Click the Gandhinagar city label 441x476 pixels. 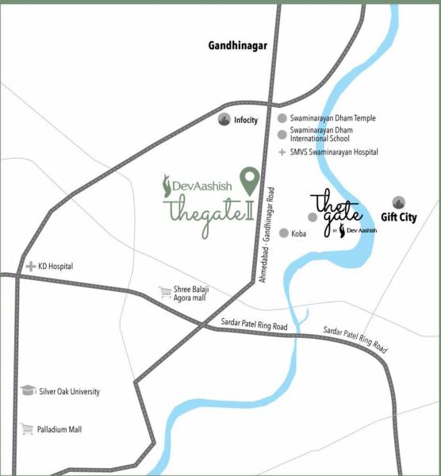(x=238, y=46)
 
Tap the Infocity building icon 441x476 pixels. (x=224, y=120)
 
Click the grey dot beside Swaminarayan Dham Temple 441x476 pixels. (x=281, y=118)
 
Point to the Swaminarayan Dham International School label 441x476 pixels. (x=321, y=134)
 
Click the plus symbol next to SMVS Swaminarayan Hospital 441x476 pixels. (x=281, y=152)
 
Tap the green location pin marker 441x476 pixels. (x=250, y=182)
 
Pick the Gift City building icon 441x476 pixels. (x=398, y=202)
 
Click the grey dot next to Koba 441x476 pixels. (x=283, y=234)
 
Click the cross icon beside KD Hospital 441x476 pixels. (x=31, y=267)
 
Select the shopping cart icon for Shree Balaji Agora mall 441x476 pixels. (x=165, y=292)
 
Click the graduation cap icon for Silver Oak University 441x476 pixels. (x=29, y=391)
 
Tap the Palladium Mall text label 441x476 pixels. (x=60, y=430)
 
